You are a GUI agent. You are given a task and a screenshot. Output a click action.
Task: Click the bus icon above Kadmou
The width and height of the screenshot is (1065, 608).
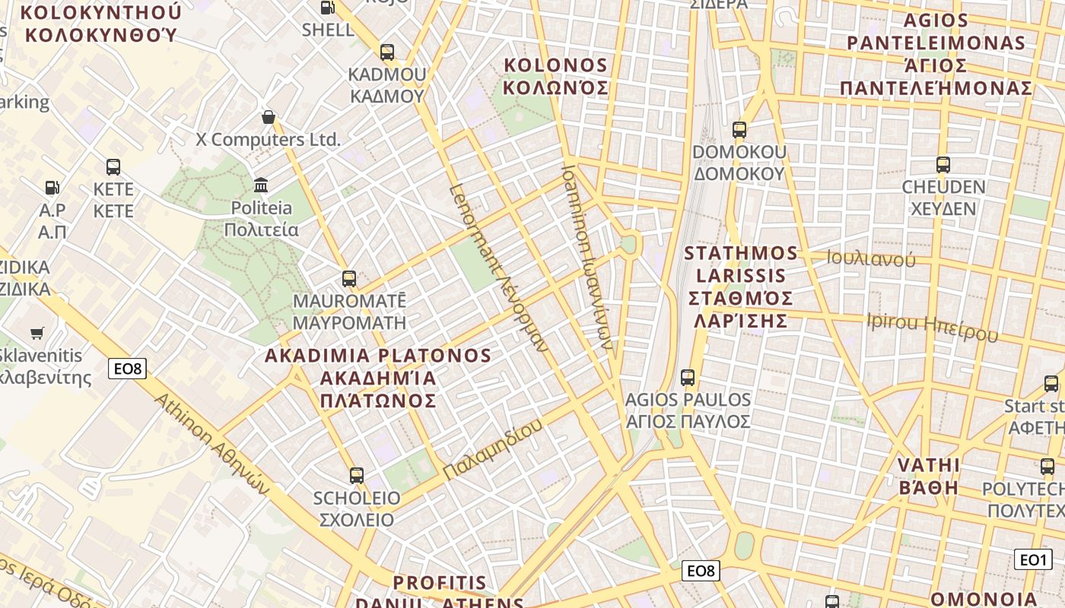pyautogui.click(x=387, y=52)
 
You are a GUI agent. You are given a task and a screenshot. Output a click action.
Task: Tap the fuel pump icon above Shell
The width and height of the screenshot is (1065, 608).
pyautogui.click(x=328, y=8)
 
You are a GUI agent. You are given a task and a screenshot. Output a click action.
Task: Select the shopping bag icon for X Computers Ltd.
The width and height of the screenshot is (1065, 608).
pyautogui.click(x=268, y=117)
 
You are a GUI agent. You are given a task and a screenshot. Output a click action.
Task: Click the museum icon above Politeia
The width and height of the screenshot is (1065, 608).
pyautogui.click(x=262, y=185)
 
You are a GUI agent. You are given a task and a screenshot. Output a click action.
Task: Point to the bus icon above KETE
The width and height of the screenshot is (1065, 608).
pyautogui.click(x=113, y=166)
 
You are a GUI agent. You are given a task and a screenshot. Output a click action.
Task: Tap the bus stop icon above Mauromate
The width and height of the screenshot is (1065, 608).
pyautogui.click(x=349, y=278)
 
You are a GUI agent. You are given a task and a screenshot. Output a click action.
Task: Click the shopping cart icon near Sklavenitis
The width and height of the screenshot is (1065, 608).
pyautogui.click(x=37, y=333)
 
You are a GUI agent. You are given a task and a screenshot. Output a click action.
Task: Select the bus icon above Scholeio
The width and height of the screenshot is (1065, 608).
pyautogui.click(x=356, y=476)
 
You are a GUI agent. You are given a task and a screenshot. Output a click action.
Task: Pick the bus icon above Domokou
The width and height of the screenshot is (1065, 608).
pyautogui.click(x=739, y=129)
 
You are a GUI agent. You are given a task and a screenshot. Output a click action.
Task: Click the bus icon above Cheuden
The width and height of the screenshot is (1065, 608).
pyautogui.click(x=943, y=164)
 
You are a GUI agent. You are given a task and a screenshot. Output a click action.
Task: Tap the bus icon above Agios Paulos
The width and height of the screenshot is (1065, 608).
pyautogui.click(x=688, y=377)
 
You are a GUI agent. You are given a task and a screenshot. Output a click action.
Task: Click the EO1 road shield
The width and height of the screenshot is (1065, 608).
pyautogui.click(x=1033, y=560)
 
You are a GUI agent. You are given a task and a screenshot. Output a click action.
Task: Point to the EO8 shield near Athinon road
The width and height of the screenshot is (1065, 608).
pyautogui.click(x=126, y=369)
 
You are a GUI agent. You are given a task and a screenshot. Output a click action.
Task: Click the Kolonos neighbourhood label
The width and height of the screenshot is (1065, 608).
pyautogui.click(x=557, y=76)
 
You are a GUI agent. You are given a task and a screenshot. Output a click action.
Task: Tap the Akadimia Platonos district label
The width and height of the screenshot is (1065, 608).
pyautogui.click(x=378, y=378)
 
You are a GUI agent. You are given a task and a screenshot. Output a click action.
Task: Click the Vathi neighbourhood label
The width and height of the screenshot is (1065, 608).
pyautogui.click(x=929, y=476)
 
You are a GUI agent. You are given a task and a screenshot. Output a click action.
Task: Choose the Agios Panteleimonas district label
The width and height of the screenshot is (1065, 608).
pyautogui.click(x=936, y=54)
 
